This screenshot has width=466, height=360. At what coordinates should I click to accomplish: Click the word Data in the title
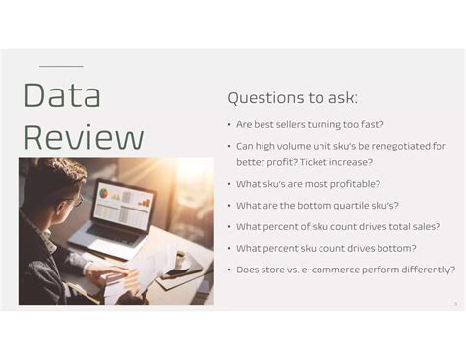click(61, 96)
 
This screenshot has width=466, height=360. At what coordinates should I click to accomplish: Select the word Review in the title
click(83, 137)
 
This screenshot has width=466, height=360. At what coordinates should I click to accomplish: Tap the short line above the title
click(60, 66)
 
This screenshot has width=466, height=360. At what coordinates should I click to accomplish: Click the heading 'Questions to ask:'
click(292, 98)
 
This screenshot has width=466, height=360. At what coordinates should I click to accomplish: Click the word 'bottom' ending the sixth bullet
click(395, 248)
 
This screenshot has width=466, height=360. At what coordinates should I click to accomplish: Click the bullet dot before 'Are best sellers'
click(229, 126)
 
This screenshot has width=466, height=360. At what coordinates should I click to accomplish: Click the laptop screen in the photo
click(124, 202)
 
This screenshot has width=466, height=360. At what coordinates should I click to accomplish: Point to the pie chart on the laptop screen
click(109, 197)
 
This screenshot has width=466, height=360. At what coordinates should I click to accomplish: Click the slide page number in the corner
click(455, 303)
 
